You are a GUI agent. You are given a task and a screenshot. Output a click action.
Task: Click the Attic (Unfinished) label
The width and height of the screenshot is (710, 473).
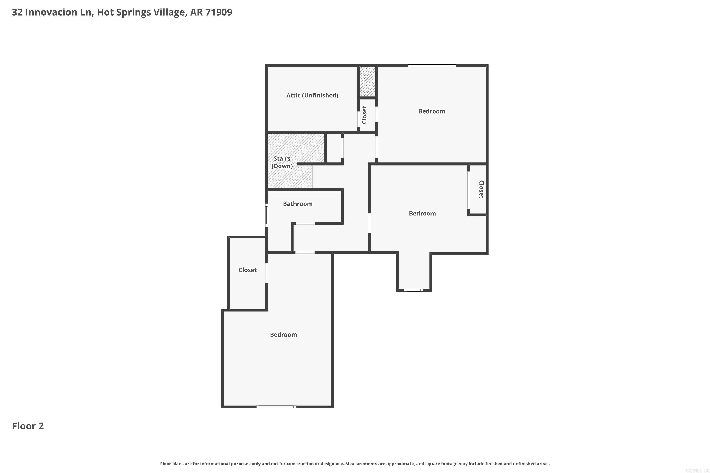[x=312, y=95]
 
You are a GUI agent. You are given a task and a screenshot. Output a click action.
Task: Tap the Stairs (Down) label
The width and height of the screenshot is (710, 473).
[x=282, y=162]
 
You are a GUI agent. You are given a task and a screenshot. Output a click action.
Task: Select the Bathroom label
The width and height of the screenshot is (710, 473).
[x=298, y=204]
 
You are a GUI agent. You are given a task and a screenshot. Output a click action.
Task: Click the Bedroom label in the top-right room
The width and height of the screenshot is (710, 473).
[x=432, y=111]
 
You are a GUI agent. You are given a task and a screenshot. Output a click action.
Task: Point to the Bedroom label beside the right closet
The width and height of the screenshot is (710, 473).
[x=422, y=214]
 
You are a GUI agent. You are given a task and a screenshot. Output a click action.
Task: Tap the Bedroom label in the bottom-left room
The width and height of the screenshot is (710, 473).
[x=283, y=335]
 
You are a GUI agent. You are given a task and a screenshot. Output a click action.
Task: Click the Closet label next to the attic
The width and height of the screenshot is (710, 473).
[x=364, y=115]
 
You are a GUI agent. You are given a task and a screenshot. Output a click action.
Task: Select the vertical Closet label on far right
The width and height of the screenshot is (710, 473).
[x=481, y=189]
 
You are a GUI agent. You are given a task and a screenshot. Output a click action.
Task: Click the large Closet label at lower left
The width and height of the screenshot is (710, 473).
[x=248, y=270]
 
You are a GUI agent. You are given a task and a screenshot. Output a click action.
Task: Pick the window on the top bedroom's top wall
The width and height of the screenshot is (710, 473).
[x=432, y=66]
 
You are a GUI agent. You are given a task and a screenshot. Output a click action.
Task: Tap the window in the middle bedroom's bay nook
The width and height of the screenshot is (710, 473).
[x=413, y=290]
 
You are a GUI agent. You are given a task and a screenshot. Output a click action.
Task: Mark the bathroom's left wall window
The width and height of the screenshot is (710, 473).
[x=266, y=215]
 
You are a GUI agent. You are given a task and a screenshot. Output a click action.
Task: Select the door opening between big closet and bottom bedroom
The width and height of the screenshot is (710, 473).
[x=266, y=273]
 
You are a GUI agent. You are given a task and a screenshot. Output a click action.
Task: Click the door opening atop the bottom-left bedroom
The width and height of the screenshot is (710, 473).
[x=305, y=252]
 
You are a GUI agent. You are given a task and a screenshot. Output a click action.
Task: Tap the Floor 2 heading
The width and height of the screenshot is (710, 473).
[x=28, y=426]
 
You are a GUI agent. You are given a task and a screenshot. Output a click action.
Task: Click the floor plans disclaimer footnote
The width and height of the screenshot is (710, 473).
[x=355, y=464]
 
